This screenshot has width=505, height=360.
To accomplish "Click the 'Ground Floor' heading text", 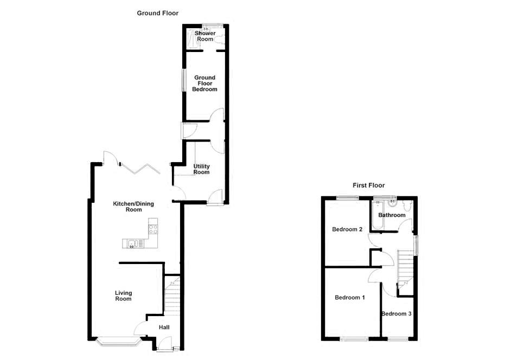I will click(157, 13).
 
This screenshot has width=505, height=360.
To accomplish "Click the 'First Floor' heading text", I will click(368, 185).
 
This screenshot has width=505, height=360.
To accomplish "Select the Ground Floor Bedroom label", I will click(204, 83).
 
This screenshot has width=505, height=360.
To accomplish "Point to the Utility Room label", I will click(201, 169).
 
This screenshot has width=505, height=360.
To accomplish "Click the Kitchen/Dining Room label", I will click(133, 207).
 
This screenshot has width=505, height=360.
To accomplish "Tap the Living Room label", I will click(123, 296).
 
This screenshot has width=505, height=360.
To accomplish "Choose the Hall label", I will click(164, 327).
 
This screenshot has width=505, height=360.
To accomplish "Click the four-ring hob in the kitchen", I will click(153, 228).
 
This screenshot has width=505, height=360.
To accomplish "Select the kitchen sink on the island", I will click(131, 243).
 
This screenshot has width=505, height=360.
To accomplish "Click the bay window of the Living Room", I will click(118, 342).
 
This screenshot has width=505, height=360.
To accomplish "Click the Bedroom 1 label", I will click(349, 298).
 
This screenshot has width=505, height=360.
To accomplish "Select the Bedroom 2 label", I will click(347, 229).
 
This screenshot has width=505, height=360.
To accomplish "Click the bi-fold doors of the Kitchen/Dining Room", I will click(138, 169).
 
